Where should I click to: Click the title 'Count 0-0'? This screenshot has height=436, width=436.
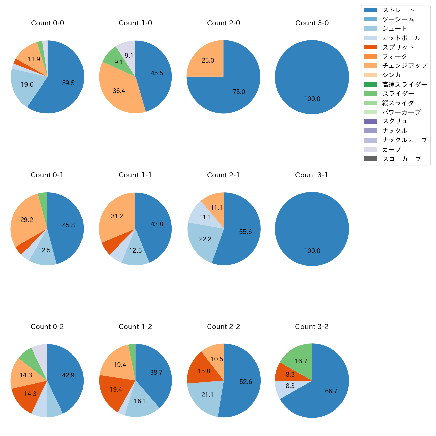click(x=47, y=23)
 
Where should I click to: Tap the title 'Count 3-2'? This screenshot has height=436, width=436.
click(x=312, y=327)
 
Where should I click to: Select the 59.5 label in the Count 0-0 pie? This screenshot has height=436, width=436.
click(x=68, y=83)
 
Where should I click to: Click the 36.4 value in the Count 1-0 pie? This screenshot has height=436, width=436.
click(x=119, y=91)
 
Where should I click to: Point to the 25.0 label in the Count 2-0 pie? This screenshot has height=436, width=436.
click(x=208, y=61)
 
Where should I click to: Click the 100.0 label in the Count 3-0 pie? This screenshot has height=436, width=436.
click(x=312, y=99)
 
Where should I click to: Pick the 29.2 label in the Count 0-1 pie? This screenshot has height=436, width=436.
click(x=27, y=220)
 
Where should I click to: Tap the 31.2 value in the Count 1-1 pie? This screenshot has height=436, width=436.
click(x=117, y=216)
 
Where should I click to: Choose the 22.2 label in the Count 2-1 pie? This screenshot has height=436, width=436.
click(x=205, y=239)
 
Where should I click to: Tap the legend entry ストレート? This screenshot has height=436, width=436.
click(x=398, y=10)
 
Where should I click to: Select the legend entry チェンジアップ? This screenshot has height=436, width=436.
click(x=404, y=66)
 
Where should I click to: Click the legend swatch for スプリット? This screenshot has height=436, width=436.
click(x=370, y=47)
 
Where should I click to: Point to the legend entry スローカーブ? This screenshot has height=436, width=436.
click(x=401, y=159)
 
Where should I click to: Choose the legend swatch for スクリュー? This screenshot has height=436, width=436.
click(x=370, y=121)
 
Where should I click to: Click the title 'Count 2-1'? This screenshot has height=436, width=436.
click(x=223, y=175)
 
